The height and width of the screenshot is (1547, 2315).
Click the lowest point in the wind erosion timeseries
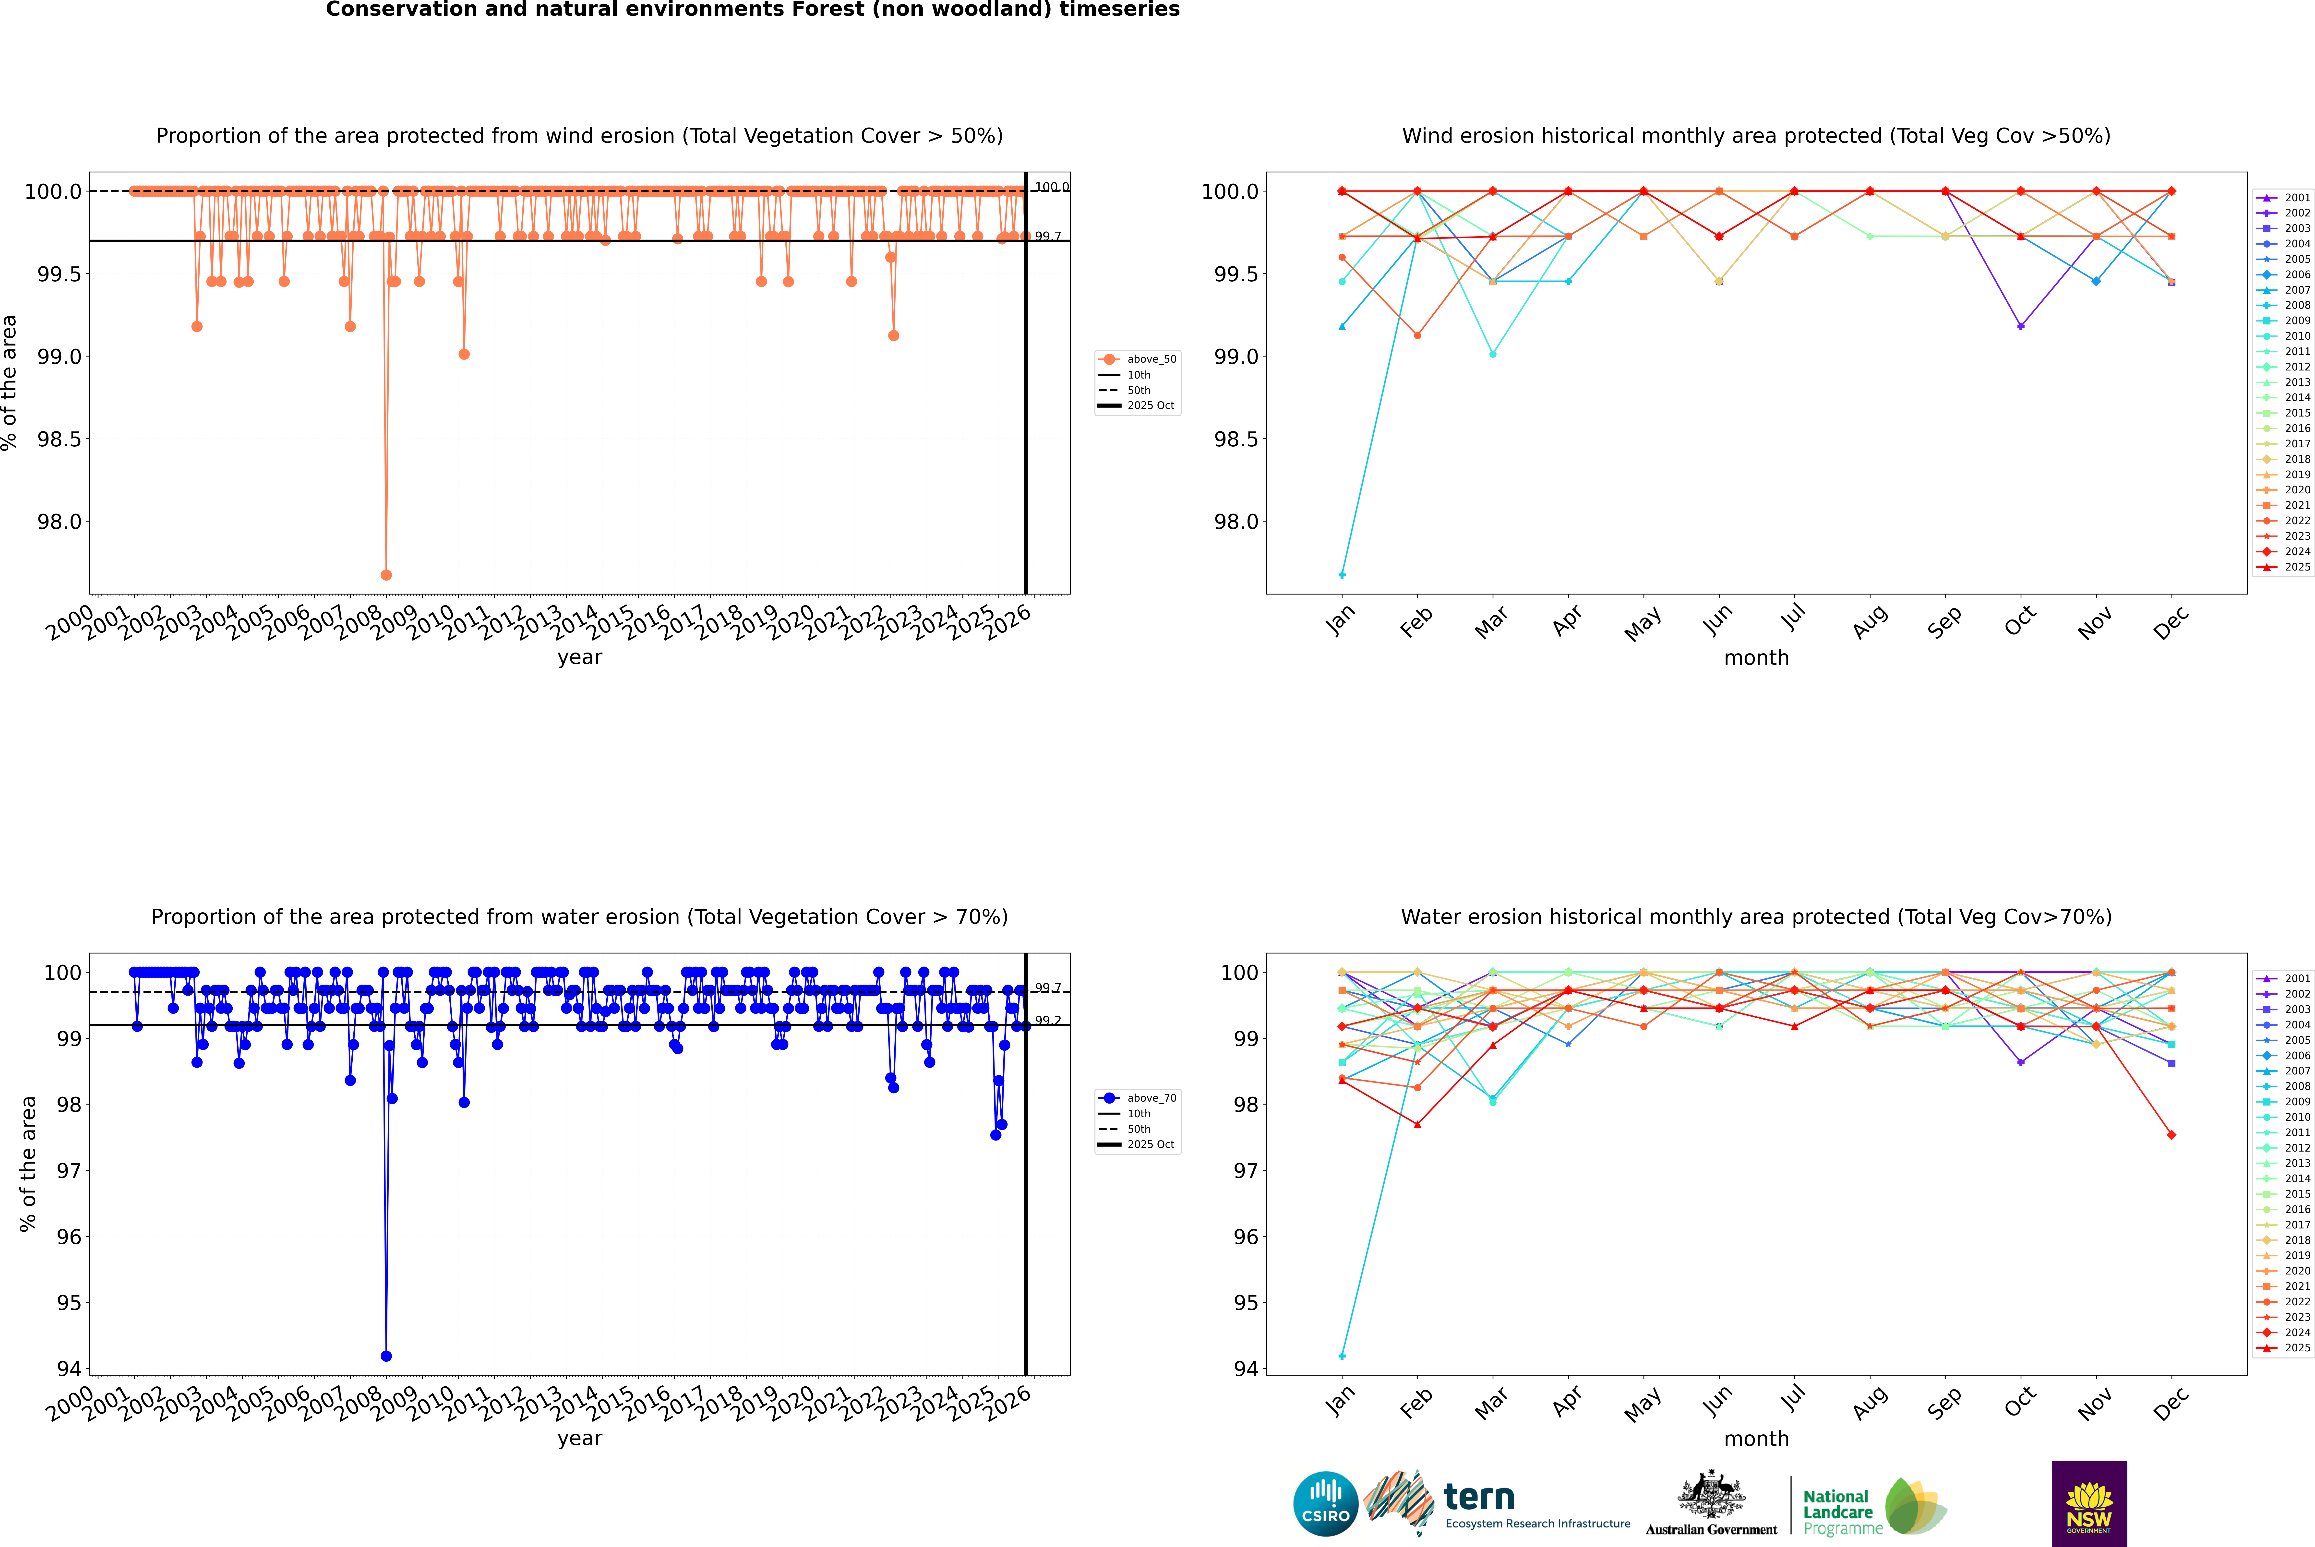tap(386, 574)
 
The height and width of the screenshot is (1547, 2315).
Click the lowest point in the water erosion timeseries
tap(386, 1356)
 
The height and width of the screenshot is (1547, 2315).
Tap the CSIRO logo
tap(1325, 1504)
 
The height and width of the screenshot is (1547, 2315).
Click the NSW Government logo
tap(2089, 1504)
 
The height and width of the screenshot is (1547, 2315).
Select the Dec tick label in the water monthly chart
tap(2171, 1403)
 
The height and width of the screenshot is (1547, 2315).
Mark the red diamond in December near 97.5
tap(2171, 1135)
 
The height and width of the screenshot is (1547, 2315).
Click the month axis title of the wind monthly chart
tap(1755, 658)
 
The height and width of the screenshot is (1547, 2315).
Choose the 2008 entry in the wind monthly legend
tap(2296, 305)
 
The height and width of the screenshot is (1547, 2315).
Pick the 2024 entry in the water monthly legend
tap(2296, 1332)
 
